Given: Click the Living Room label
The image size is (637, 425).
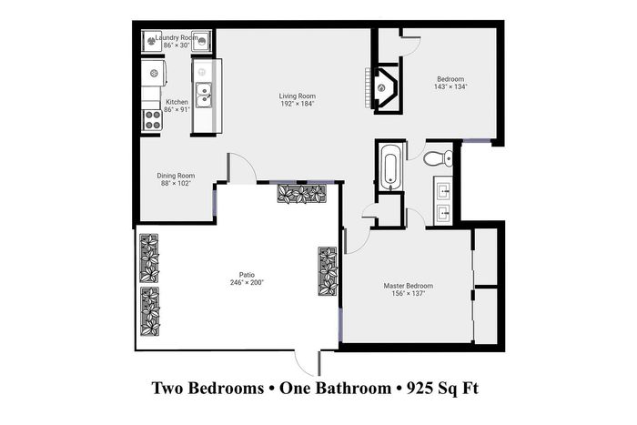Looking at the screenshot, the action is pyautogui.click(x=297, y=96).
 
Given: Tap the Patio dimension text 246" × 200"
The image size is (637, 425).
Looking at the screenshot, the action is pyautogui.click(x=247, y=282).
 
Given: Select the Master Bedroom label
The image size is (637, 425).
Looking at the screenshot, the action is pyautogui.click(x=409, y=286).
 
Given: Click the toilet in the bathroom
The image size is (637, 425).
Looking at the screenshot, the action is pyautogui.click(x=438, y=158).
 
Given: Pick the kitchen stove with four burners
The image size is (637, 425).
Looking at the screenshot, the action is pyautogui.click(x=152, y=120).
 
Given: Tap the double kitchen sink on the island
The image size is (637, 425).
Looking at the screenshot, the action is pyautogui.click(x=204, y=95).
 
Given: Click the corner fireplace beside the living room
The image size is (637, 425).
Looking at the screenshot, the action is pyautogui.click(x=384, y=87).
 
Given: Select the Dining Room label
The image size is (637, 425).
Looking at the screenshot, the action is pyautogui.click(x=176, y=176).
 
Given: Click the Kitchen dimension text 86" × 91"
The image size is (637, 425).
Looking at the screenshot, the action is pyautogui.click(x=177, y=110).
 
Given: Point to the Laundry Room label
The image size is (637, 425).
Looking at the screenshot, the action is pyautogui.click(x=177, y=38).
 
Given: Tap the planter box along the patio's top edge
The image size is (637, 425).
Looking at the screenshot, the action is pyautogui.click(x=301, y=194).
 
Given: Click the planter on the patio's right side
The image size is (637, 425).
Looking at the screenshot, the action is pyautogui.click(x=328, y=271).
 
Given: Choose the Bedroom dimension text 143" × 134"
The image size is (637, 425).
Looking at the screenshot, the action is pyautogui.click(x=450, y=86).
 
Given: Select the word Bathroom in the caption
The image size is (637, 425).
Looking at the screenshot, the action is pyautogui.click(x=353, y=388).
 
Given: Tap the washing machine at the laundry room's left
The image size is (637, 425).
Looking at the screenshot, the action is pyautogui.click(x=151, y=41).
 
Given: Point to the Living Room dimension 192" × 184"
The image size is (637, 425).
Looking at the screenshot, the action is pyautogui.click(x=298, y=104).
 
